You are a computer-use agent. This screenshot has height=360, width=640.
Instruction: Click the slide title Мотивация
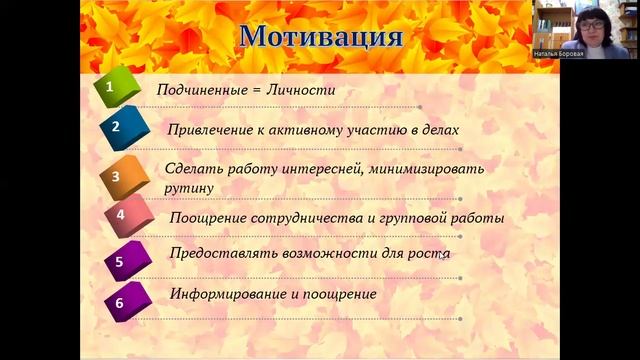(322, 38)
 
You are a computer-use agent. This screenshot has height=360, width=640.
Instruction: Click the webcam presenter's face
(591, 25)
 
